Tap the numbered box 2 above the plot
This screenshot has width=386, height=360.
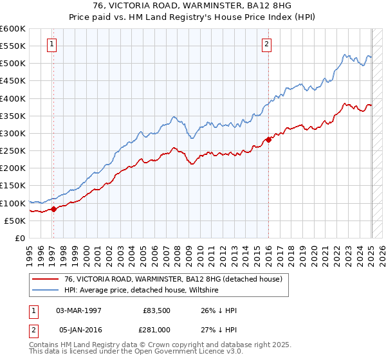coord(266,44)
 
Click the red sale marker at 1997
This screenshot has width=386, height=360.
coord(54,208)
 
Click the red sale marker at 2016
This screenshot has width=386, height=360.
coord(268,139)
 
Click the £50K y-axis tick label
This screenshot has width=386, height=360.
coord(15,221)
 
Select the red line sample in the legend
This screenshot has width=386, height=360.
coord(46,279)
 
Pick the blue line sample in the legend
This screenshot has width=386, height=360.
coord(46,290)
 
